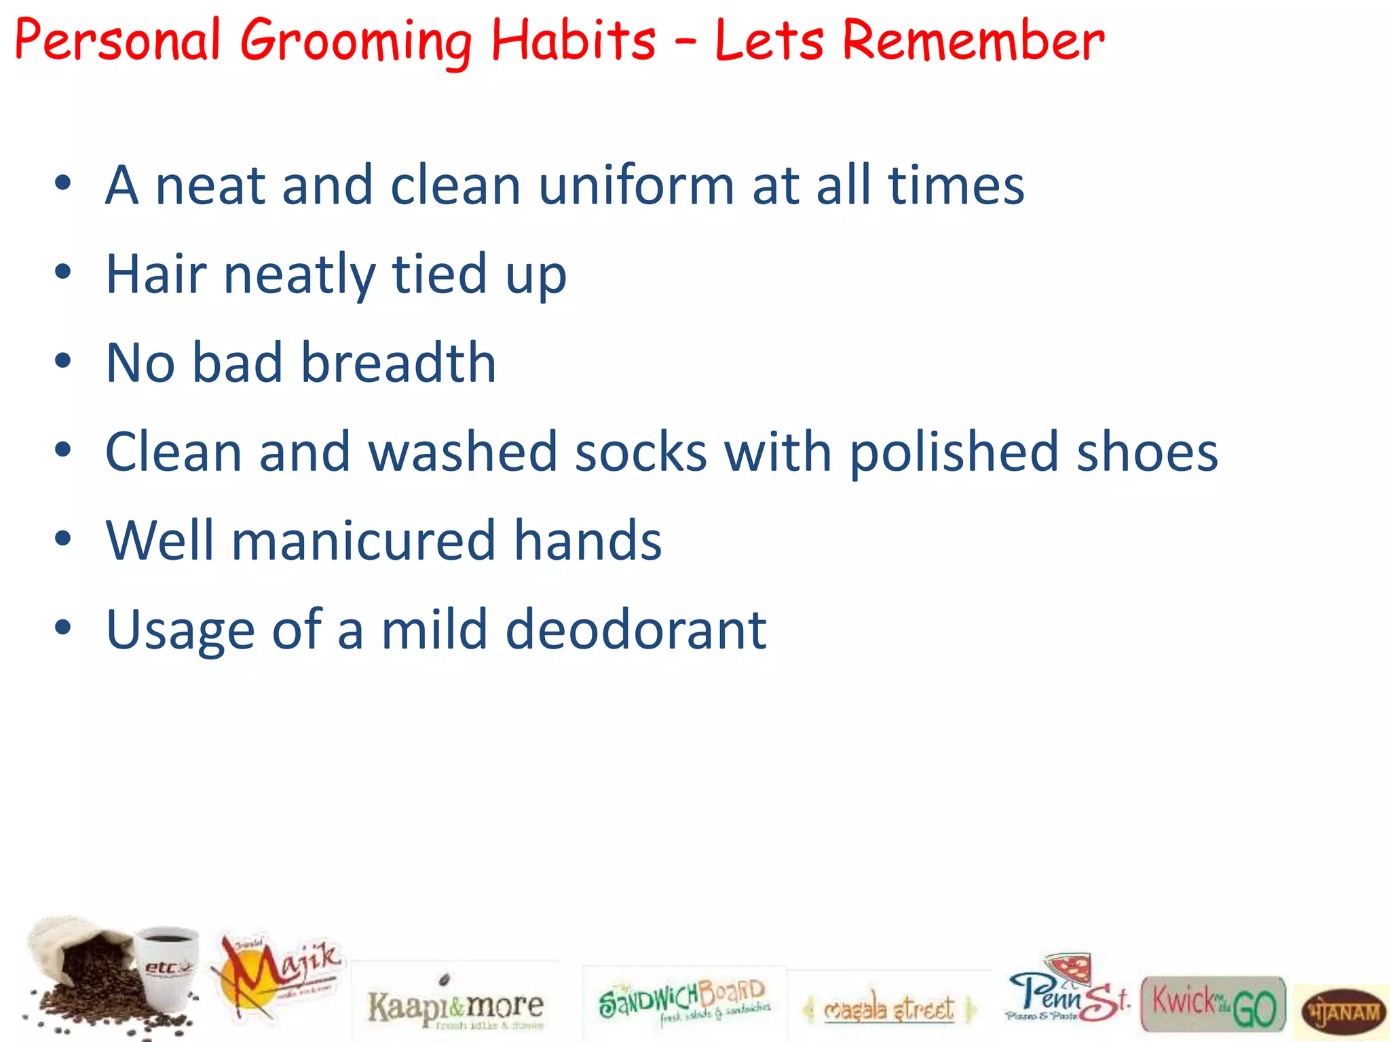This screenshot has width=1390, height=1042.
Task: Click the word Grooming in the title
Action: pyautogui.click(x=356, y=41)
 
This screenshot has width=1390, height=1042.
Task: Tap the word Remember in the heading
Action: pyautogui.click(x=973, y=41)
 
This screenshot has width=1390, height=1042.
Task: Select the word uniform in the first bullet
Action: pyautogui.click(x=636, y=186)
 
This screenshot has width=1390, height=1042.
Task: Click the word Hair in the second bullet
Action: pyautogui.click(x=156, y=274)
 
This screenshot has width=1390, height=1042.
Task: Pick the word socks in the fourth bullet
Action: pyautogui.click(x=641, y=452)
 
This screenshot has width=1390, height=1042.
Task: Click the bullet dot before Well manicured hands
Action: pyautogui.click(x=63, y=540)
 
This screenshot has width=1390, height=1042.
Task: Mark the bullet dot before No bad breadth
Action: pyautogui.click(x=63, y=362)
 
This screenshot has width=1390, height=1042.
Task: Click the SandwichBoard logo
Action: pyautogui.click(x=683, y=1001)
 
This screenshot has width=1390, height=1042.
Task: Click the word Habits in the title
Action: pyautogui.click(x=573, y=41)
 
